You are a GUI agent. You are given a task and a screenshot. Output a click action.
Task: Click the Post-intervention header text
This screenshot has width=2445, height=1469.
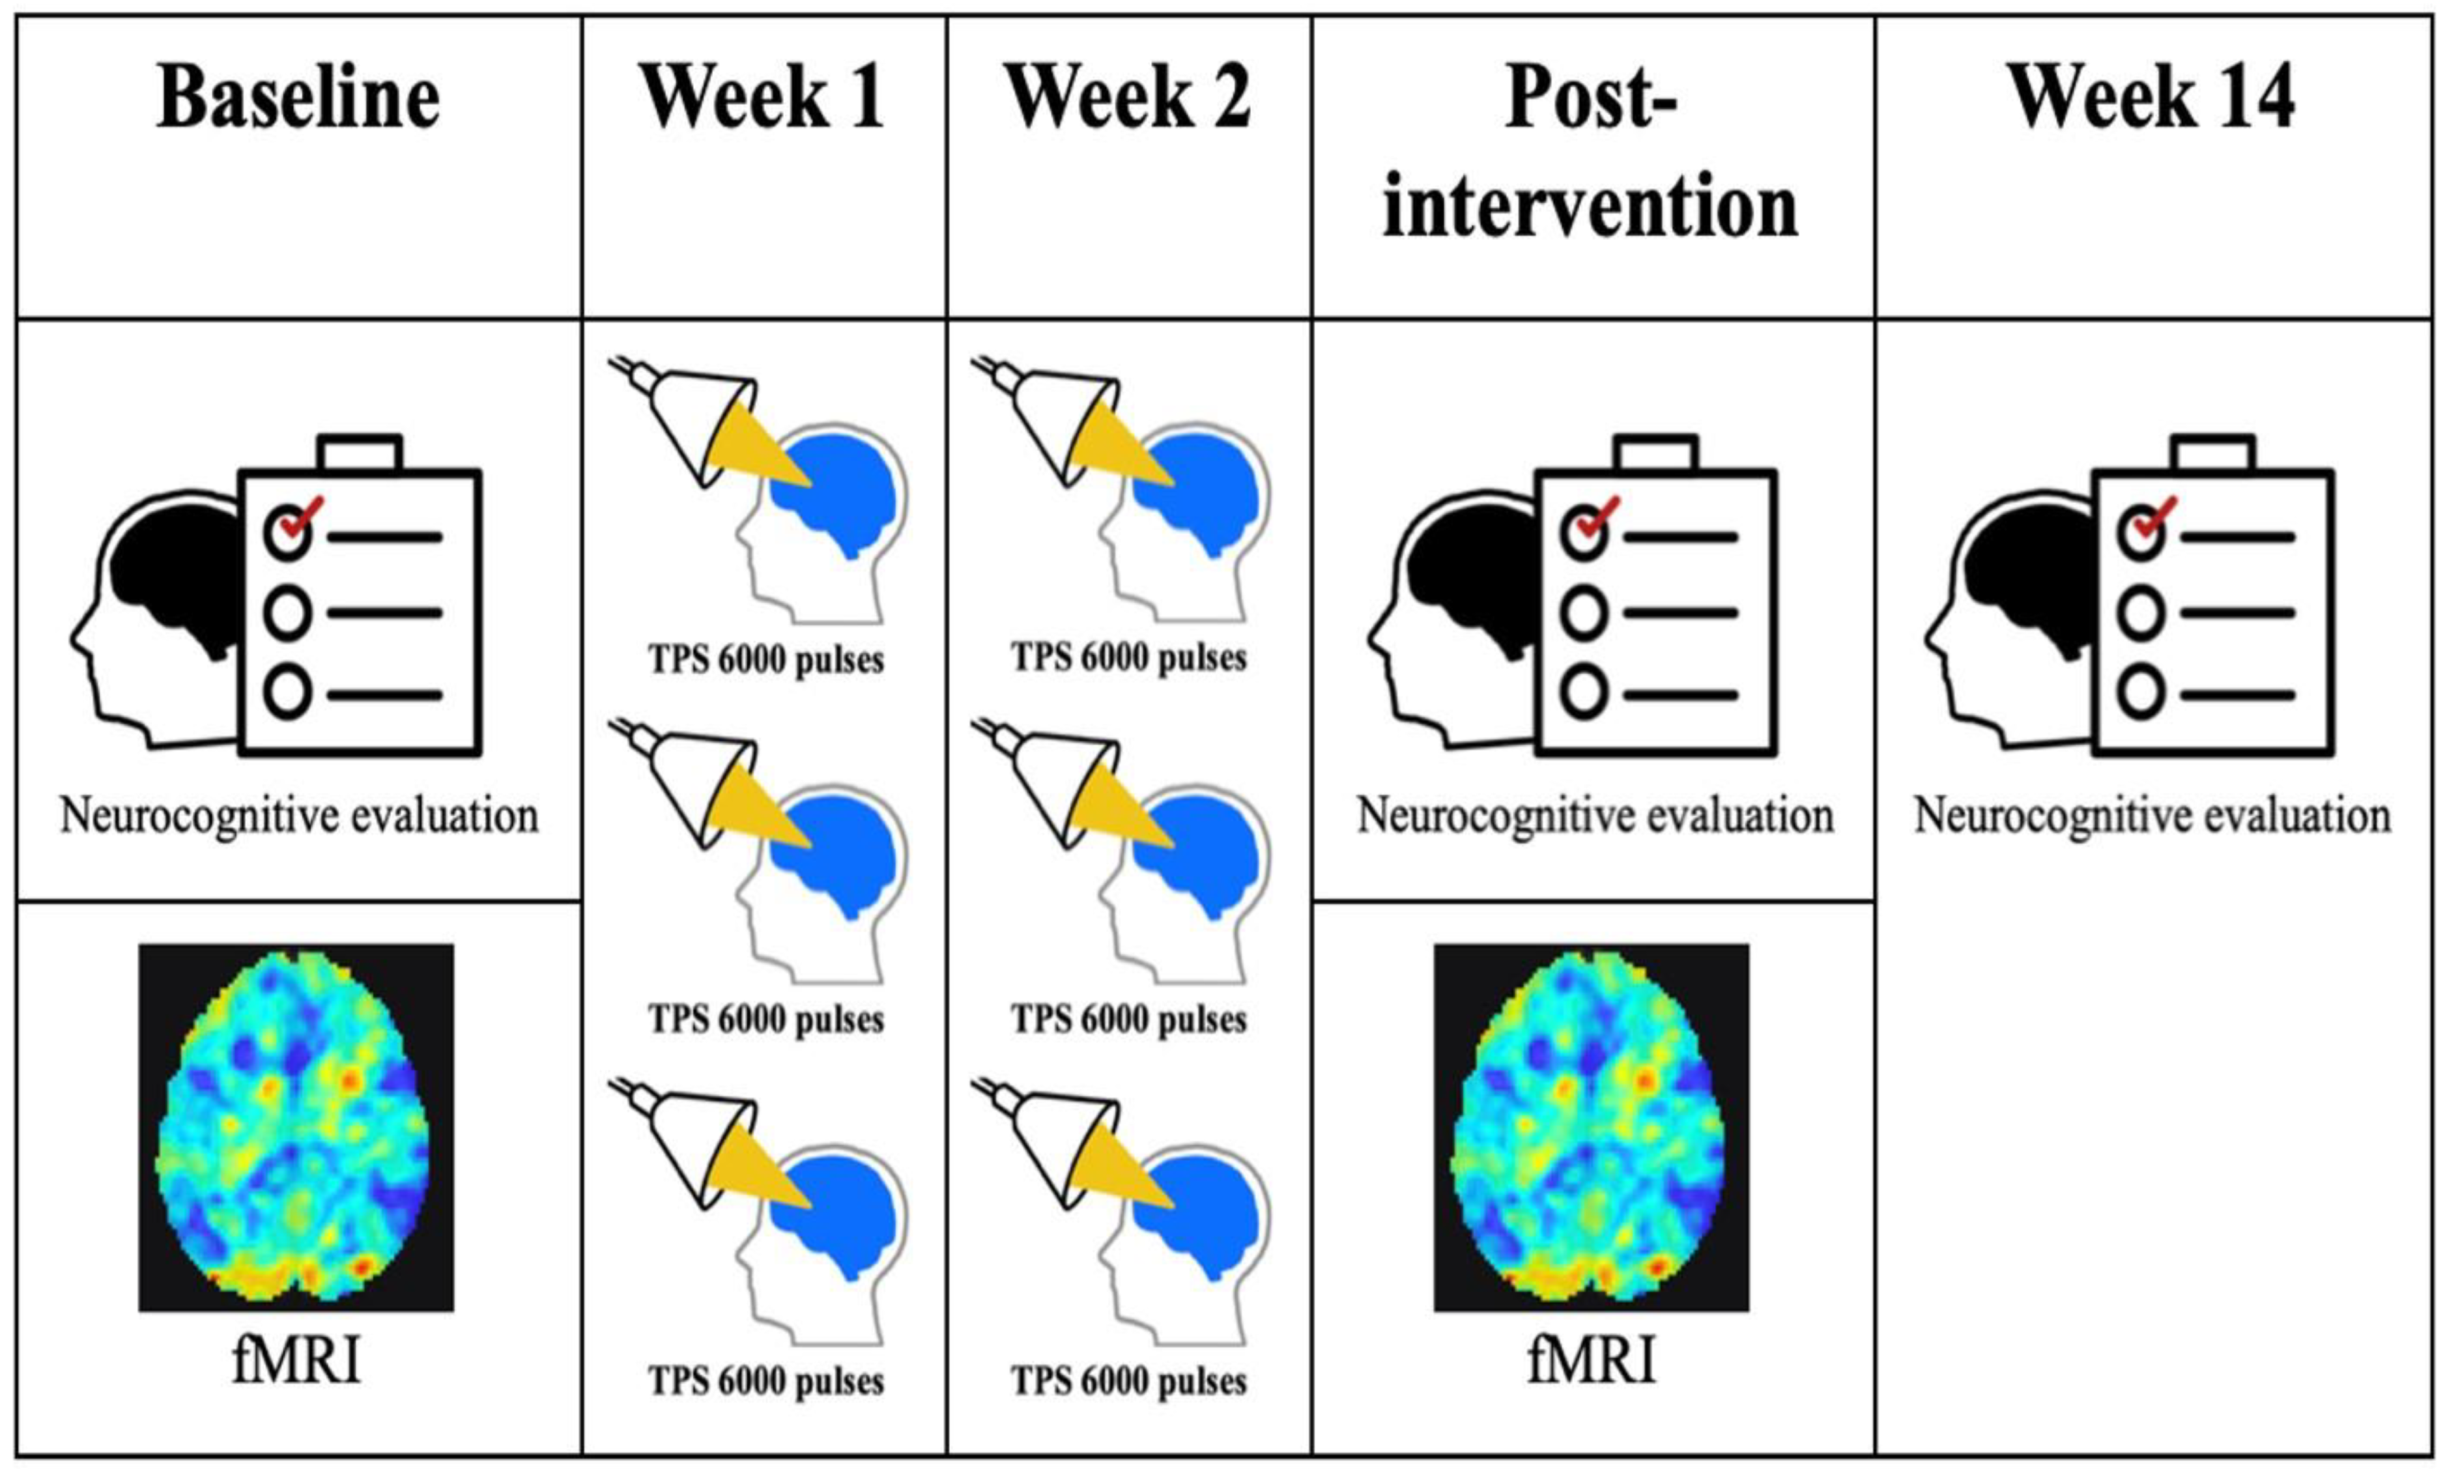point(1591,154)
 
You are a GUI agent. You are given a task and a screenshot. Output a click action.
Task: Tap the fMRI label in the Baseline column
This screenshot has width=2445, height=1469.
point(296,1360)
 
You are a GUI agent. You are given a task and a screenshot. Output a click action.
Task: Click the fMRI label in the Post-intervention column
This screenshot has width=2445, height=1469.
point(1591,1360)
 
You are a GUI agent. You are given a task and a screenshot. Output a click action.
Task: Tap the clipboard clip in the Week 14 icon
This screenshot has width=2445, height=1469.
point(2213,453)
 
